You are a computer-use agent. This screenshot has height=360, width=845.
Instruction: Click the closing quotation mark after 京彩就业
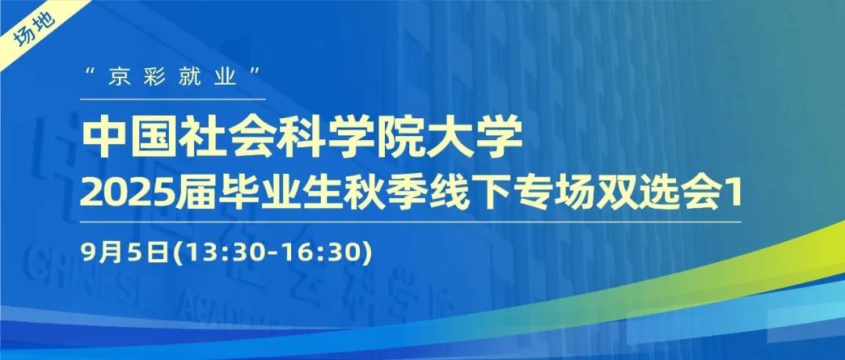pyautogui.click(x=257, y=71)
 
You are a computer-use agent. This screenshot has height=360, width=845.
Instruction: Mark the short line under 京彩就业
pyautogui.click(x=173, y=99)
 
